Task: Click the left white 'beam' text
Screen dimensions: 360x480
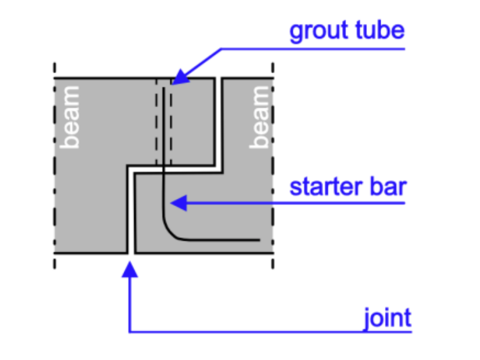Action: (x=70, y=118)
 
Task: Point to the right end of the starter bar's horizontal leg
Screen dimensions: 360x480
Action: (x=258, y=240)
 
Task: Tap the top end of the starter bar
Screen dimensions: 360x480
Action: (x=164, y=89)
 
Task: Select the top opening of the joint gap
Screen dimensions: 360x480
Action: (x=219, y=79)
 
